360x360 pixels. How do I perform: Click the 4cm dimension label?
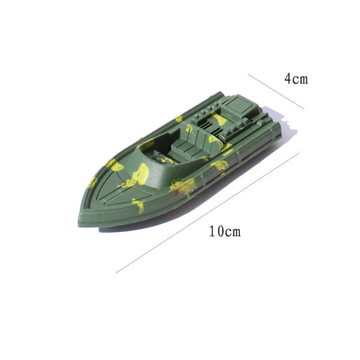(296, 79)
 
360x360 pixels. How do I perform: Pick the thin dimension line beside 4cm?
(275, 90)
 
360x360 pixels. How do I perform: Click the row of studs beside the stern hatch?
(208, 112)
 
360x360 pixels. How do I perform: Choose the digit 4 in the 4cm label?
(288, 79)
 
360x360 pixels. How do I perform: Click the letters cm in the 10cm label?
(233, 232)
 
